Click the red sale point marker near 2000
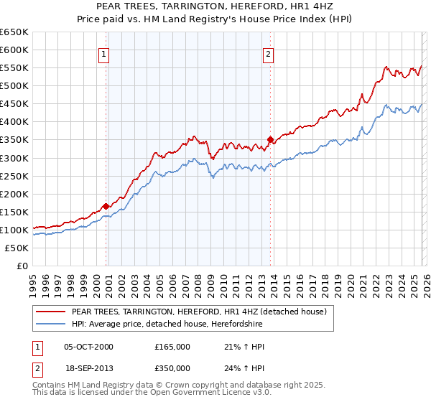[x=106, y=206]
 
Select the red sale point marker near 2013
[x=270, y=139]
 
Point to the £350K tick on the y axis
[x=14, y=140]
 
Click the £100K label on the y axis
[x=14, y=230]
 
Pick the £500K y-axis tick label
[x=14, y=86]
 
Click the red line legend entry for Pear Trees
[x=200, y=312]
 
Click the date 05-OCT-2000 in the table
[x=88, y=347]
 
